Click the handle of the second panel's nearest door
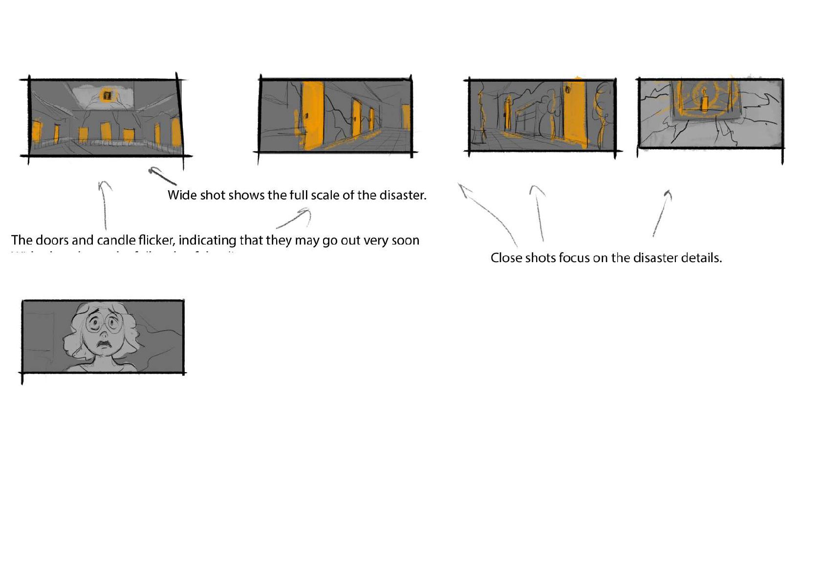307,116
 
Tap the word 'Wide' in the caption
182,195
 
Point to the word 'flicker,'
156,240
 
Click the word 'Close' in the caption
506,258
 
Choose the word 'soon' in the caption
405,240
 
